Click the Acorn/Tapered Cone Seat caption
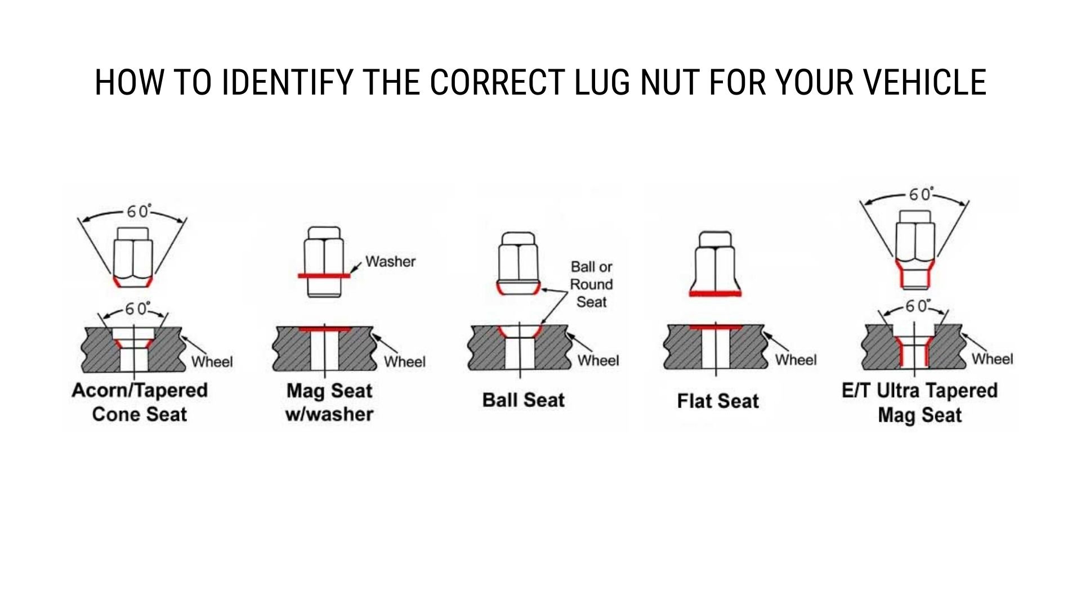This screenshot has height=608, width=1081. pyautogui.click(x=140, y=402)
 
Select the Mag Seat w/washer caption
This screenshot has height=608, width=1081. pyautogui.click(x=329, y=402)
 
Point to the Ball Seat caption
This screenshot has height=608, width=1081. pyautogui.click(x=523, y=400)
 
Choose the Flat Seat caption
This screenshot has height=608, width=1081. pyautogui.click(x=718, y=401)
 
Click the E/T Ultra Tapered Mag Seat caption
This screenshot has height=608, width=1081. pyautogui.click(x=919, y=403)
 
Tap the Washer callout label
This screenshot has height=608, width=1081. pyautogui.click(x=390, y=261)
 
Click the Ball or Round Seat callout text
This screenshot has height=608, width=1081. pyautogui.click(x=591, y=284)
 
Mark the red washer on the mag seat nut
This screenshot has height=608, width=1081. pyautogui.click(x=324, y=276)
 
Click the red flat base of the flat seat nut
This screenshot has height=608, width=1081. pyautogui.click(x=715, y=293)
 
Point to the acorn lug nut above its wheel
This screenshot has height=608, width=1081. pyautogui.click(x=133, y=257)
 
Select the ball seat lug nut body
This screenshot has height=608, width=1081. pyautogui.click(x=519, y=262)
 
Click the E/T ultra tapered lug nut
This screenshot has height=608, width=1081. pyautogui.click(x=915, y=248)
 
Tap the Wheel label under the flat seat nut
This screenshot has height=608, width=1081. pyautogui.click(x=796, y=360)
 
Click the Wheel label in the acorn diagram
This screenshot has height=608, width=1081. pyautogui.click(x=212, y=361)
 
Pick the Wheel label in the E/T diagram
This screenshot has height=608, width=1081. pyautogui.click(x=992, y=359)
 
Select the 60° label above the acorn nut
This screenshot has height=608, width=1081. pyautogui.click(x=138, y=212)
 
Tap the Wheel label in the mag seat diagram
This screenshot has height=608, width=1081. pyautogui.click(x=404, y=361)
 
